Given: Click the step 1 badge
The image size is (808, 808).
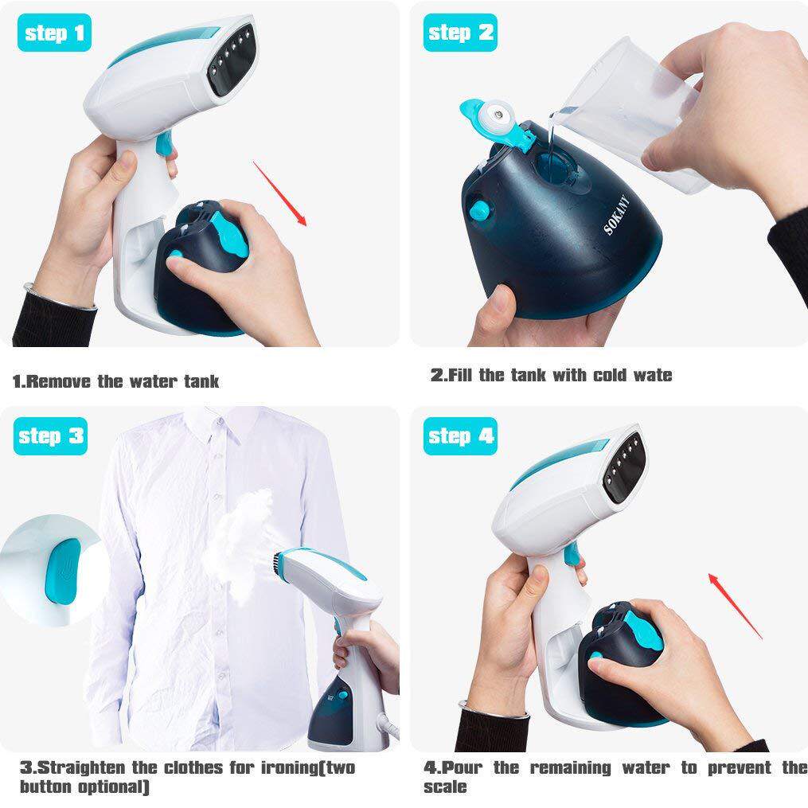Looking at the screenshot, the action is click(54, 33).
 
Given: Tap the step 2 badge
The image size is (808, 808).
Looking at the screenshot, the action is click(460, 33).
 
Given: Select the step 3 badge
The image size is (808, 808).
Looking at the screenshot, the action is click(50, 436).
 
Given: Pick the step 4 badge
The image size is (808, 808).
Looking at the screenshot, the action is click(460, 436).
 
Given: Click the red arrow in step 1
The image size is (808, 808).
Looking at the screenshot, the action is click(279, 193).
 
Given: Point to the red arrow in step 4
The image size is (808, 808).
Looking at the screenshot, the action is click(736, 606).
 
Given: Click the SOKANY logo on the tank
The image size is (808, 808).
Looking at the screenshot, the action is click(616, 215).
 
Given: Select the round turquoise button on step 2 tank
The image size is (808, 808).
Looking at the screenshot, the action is click(480, 211).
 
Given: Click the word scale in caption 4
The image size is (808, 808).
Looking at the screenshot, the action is click(445, 787).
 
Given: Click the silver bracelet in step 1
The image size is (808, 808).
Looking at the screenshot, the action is click(60, 297).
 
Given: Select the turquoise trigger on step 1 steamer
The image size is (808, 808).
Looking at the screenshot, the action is click(164, 143).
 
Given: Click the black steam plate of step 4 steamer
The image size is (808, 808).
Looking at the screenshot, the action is click(626, 467).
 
